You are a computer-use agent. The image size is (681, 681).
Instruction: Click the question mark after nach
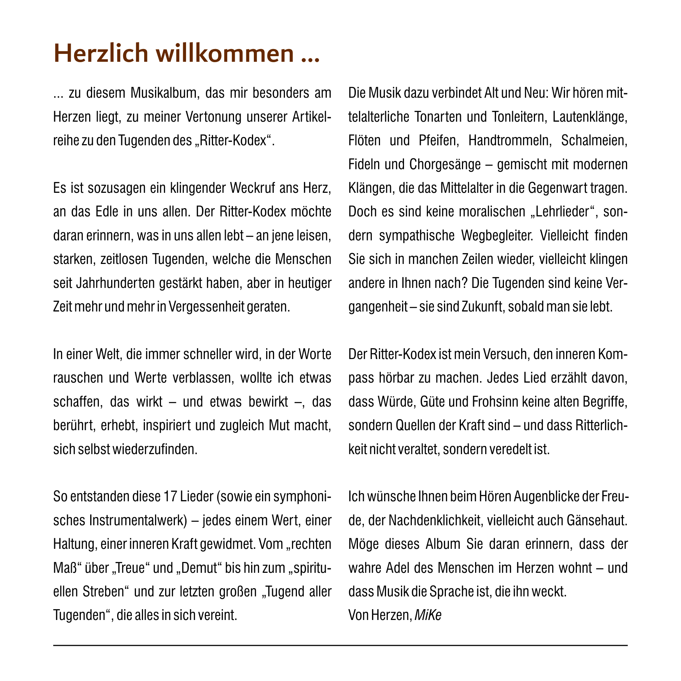[467, 283]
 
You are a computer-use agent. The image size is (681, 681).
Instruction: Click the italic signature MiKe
[428, 615]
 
